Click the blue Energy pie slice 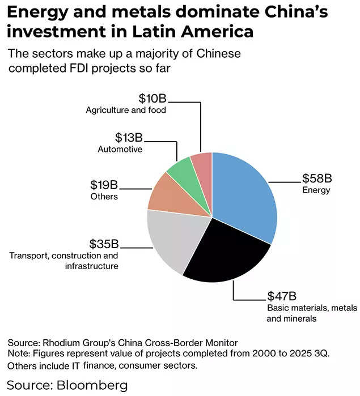click(244, 193)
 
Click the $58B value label click(316, 179)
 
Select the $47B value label click(282, 296)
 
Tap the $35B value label click(104, 244)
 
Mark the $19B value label click(104, 185)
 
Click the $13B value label click(129, 138)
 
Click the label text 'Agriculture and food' click(126, 110)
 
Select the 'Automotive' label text click(120, 149)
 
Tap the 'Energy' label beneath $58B click(316, 190)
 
